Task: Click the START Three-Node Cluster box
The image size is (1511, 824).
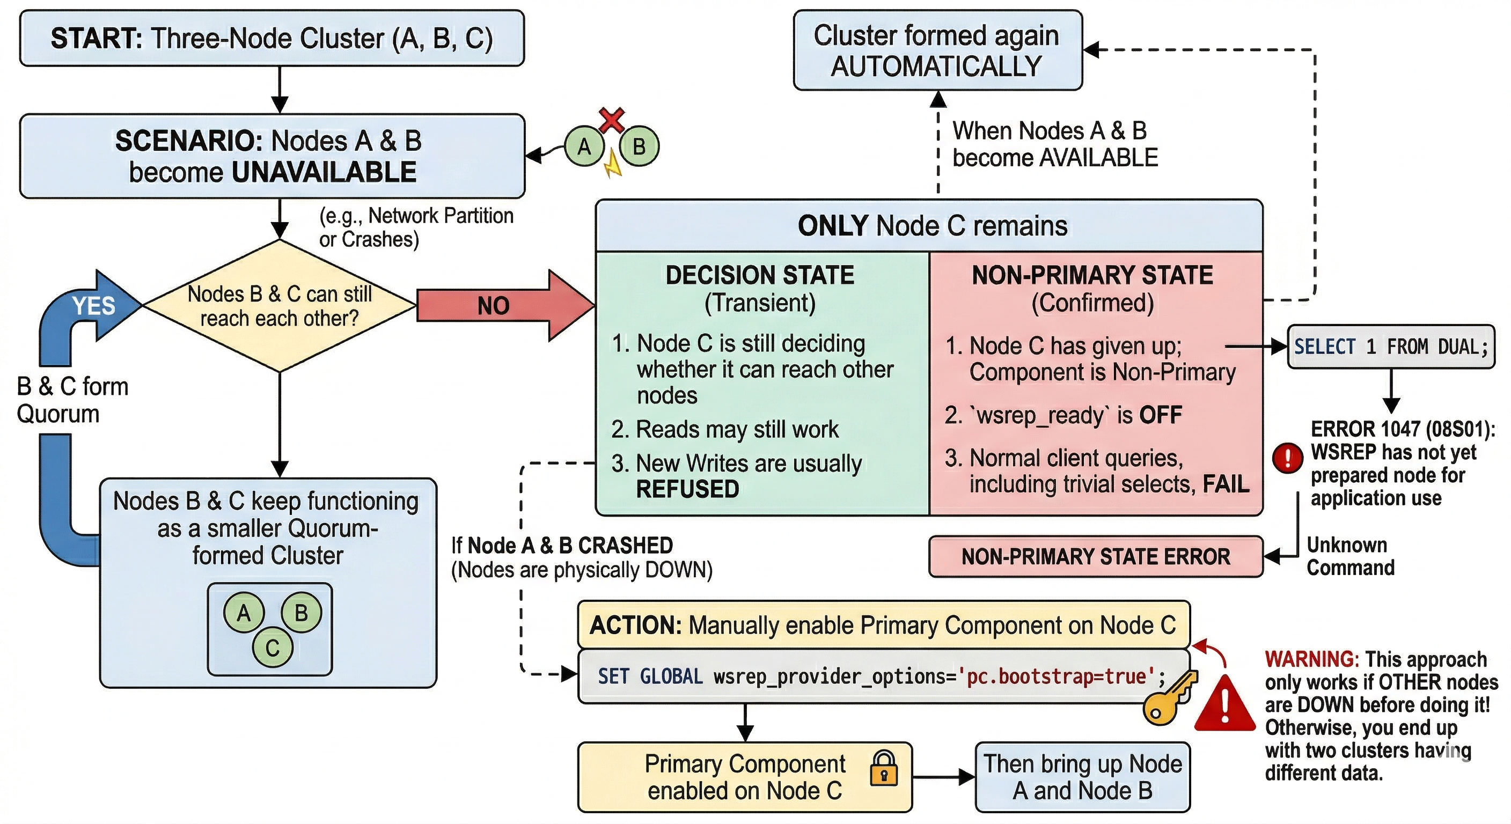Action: point(272,38)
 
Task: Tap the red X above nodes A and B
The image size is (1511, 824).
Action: point(612,120)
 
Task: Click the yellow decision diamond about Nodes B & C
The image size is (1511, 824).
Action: point(279,306)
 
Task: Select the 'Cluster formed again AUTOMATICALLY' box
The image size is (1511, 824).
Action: point(937,50)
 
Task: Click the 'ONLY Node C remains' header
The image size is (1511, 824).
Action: point(931,226)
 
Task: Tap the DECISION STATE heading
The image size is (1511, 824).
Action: point(760,275)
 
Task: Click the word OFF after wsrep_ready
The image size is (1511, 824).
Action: point(1160,415)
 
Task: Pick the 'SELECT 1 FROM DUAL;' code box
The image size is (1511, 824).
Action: point(1390,347)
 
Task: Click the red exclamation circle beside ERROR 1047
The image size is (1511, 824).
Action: point(1287,458)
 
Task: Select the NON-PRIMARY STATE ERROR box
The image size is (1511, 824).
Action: point(1095,556)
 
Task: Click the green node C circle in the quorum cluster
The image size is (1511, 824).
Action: point(272,648)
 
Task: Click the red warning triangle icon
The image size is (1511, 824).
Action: point(1225,704)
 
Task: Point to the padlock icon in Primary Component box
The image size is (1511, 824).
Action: point(883,769)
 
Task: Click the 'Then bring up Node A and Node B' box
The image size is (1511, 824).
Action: point(1082,777)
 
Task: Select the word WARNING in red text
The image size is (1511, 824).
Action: point(1311,659)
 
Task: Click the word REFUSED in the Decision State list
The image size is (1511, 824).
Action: point(687,489)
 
